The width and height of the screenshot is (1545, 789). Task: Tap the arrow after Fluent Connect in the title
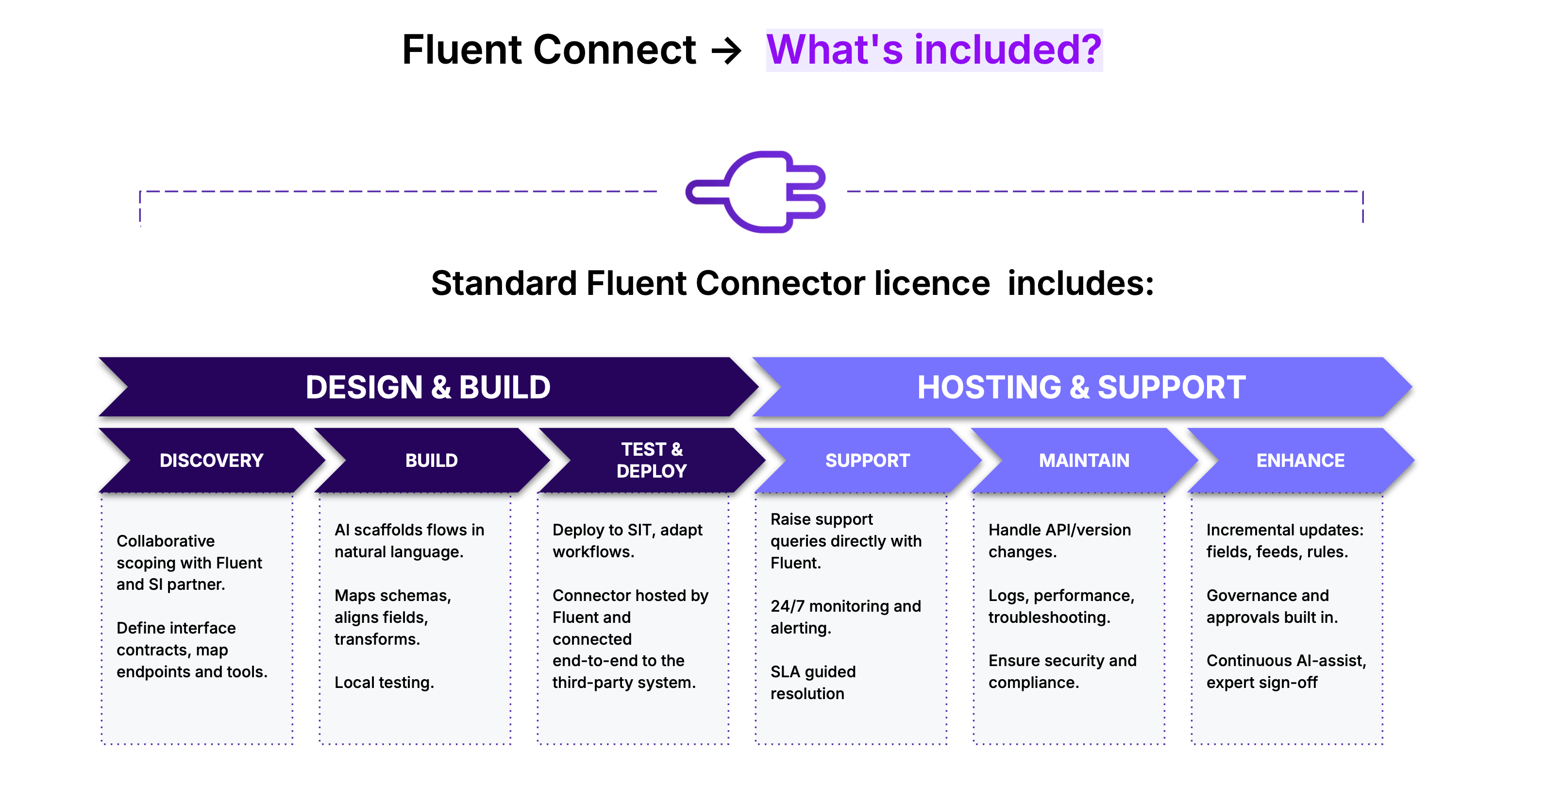point(726,51)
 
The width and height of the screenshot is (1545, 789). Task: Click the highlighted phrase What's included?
point(934,50)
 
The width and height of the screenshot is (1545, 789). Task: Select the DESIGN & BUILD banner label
point(428,387)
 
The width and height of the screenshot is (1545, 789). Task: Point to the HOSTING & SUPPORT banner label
point(1081,387)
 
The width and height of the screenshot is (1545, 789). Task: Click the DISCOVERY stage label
point(211,460)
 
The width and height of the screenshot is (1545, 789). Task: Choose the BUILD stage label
point(431,460)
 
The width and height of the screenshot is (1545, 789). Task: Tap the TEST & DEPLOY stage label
point(651,460)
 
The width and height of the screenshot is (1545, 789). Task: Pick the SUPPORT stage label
point(867,460)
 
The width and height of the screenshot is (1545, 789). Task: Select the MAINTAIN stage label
point(1084,460)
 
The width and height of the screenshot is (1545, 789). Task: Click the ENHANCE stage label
point(1300,460)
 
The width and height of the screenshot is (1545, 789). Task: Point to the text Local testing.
point(384,682)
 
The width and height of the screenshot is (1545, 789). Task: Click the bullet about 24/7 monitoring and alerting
point(845,617)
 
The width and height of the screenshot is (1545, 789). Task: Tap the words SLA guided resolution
point(813,682)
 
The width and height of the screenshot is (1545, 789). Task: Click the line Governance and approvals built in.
point(1272,606)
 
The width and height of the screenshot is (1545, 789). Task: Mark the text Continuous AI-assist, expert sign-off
point(1286,671)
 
